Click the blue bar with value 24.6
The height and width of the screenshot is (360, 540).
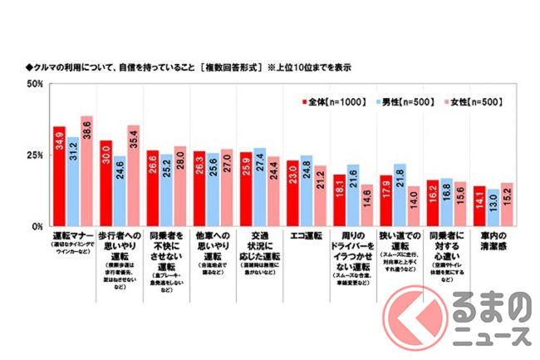point(120,191)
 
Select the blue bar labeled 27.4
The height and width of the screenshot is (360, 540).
point(259,187)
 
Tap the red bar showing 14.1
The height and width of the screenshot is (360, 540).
point(479,206)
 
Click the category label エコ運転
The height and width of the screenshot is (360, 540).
point(305,235)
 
